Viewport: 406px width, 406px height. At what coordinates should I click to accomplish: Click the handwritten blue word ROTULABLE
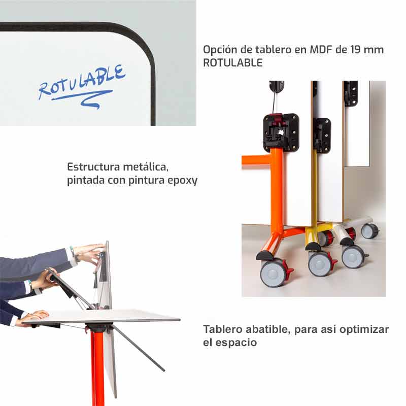click(82, 82)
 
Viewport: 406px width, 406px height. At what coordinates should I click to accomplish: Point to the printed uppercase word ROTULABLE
click(233, 62)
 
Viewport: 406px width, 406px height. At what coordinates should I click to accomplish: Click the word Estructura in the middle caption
click(93, 167)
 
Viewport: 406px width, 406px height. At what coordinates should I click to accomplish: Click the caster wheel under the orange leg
click(273, 273)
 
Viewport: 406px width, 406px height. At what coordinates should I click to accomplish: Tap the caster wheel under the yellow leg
click(320, 263)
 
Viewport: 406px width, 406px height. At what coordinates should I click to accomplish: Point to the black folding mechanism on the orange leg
click(281, 132)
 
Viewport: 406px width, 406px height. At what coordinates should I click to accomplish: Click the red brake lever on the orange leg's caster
click(289, 271)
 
